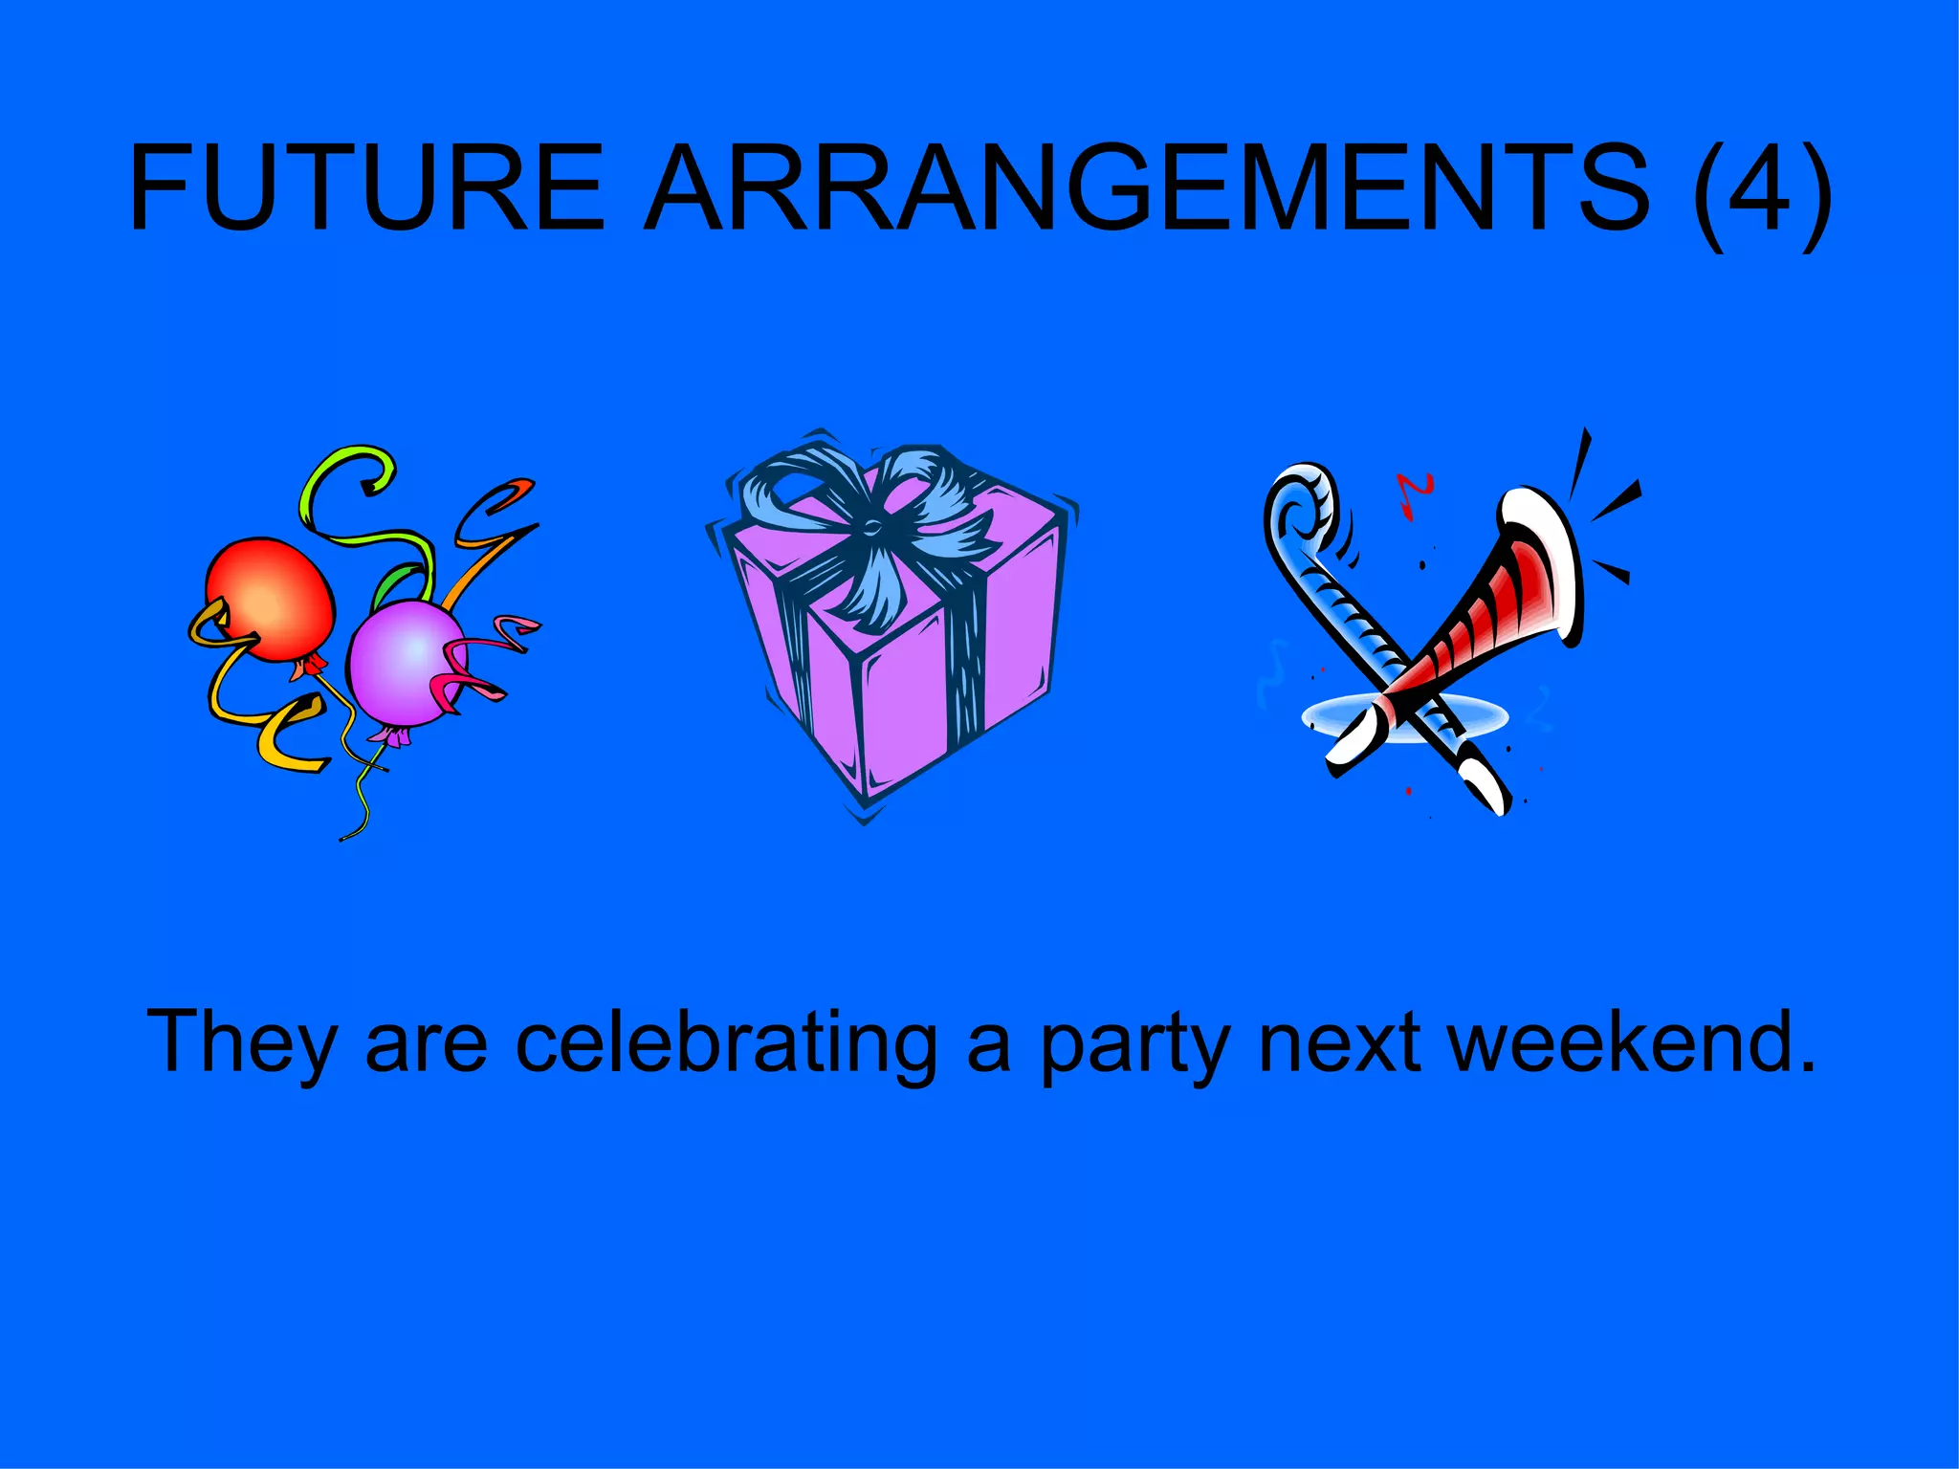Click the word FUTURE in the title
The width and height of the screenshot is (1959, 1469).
(367, 187)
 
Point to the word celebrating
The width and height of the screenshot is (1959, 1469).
(727, 1042)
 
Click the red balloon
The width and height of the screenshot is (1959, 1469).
(272, 598)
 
